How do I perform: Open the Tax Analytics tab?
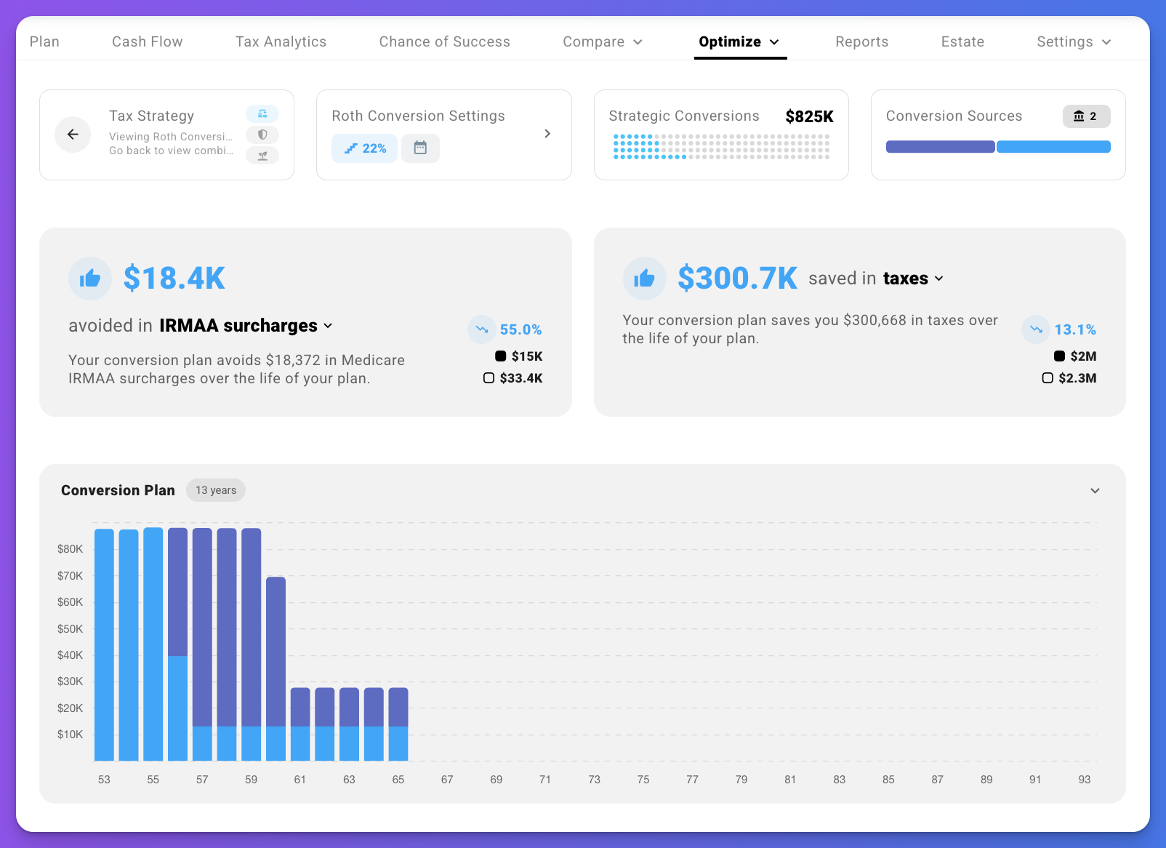(x=281, y=41)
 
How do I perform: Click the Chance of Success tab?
(x=444, y=41)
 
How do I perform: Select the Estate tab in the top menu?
(x=962, y=41)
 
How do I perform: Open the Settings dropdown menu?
(x=1073, y=41)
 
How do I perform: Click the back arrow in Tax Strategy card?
(x=73, y=134)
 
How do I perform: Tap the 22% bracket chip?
(x=365, y=148)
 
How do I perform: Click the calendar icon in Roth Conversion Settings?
(x=420, y=148)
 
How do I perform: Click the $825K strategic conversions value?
(x=809, y=116)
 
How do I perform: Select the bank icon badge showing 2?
(x=1086, y=116)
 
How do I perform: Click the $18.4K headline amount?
(x=174, y=278)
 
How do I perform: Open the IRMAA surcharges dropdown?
(x=246, y=326)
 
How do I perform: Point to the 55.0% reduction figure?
(x=520, y=329)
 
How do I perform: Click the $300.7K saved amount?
(x=737, y=278)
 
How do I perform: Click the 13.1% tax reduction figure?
(x=1074, y=329)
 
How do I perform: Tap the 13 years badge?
(x=216, y=490)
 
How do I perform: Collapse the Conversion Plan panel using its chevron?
(x=1095, y=491)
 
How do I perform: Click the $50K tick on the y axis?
(x=71, y=628)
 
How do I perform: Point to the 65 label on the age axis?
(x=398, y=780)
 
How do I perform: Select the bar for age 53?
(x=104, y=644)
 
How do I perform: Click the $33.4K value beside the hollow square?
(x=520, y=378)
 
